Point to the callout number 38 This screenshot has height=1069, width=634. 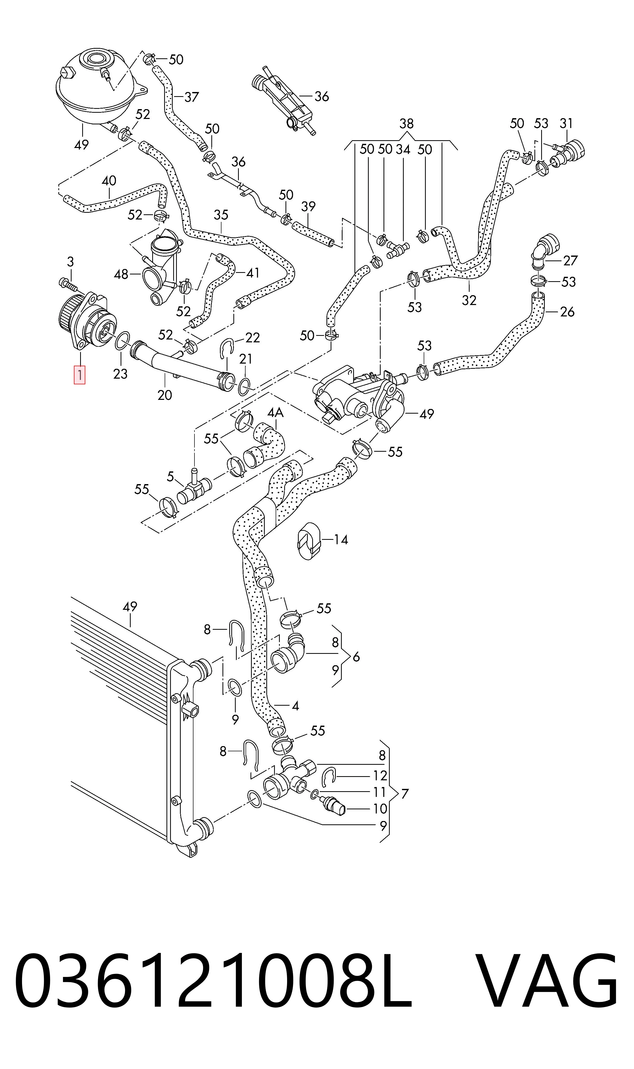click(406, 124)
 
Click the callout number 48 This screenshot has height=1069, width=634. click(121, 274)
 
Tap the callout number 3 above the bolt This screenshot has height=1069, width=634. click(71, 261)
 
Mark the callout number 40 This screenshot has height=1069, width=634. click(109, 181)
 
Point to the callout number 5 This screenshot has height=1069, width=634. click(170, 476)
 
